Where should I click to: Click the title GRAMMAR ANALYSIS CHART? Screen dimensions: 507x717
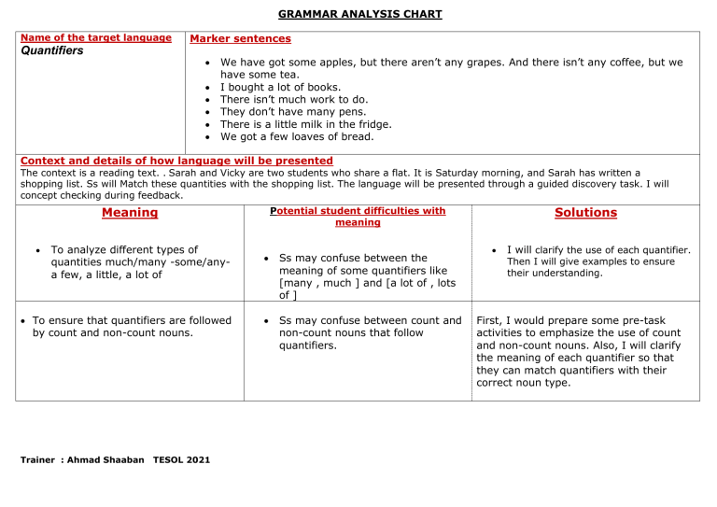(x=358, y=14)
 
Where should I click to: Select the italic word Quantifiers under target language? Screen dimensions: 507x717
(x=49, y=51)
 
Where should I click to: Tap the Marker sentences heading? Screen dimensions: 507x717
(x=240, y=39)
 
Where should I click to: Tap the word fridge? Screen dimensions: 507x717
(x=373, y=124)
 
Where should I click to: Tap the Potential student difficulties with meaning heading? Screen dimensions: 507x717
(x=358, y=217)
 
